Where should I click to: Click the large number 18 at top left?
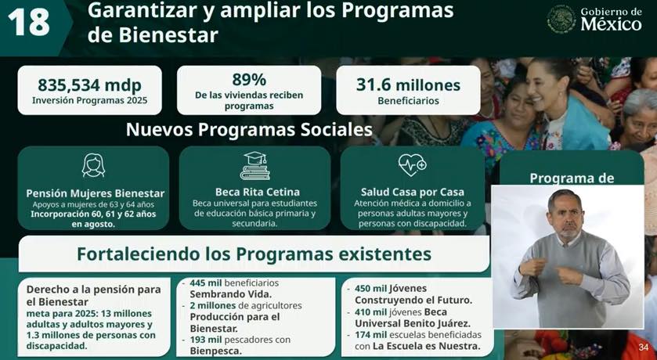click(x=28, y=22)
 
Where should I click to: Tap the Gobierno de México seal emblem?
click(x=561, y=19)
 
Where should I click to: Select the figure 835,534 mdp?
click(x=90, y=85)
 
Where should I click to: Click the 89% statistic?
click(x=249, y=80)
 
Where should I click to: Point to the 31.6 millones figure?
click(x=408, y=85)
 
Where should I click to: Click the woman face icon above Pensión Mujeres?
click(x=93, y=165)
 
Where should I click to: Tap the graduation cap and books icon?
click(x=255, y=166)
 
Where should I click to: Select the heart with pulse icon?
click(x=412, y=165)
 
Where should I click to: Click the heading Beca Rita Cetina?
click(x=258, y=193)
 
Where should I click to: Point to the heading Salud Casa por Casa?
click(x=413, y=193)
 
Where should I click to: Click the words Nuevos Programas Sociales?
click(x=249, y=130)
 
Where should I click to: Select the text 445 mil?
click(x=205, y=283)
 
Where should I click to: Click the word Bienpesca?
click(x=216, y=351)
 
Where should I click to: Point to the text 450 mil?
click(x=370, y=289)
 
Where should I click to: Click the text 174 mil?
click(x=370, y=335)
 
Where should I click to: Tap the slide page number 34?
click(x=644, y=347)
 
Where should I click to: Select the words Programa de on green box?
click(x=572, y=178)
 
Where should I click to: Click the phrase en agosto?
click(x=93, y=225)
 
